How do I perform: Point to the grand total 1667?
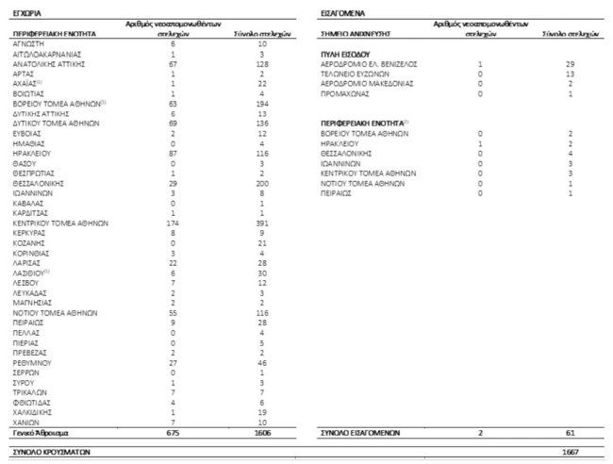(x=571, y=452)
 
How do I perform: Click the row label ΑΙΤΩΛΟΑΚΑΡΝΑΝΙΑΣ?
(x=50, y=54)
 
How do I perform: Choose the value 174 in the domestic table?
(x=173, y=224)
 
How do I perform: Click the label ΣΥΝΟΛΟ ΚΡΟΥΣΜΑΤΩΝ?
(x=49, y=452)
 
